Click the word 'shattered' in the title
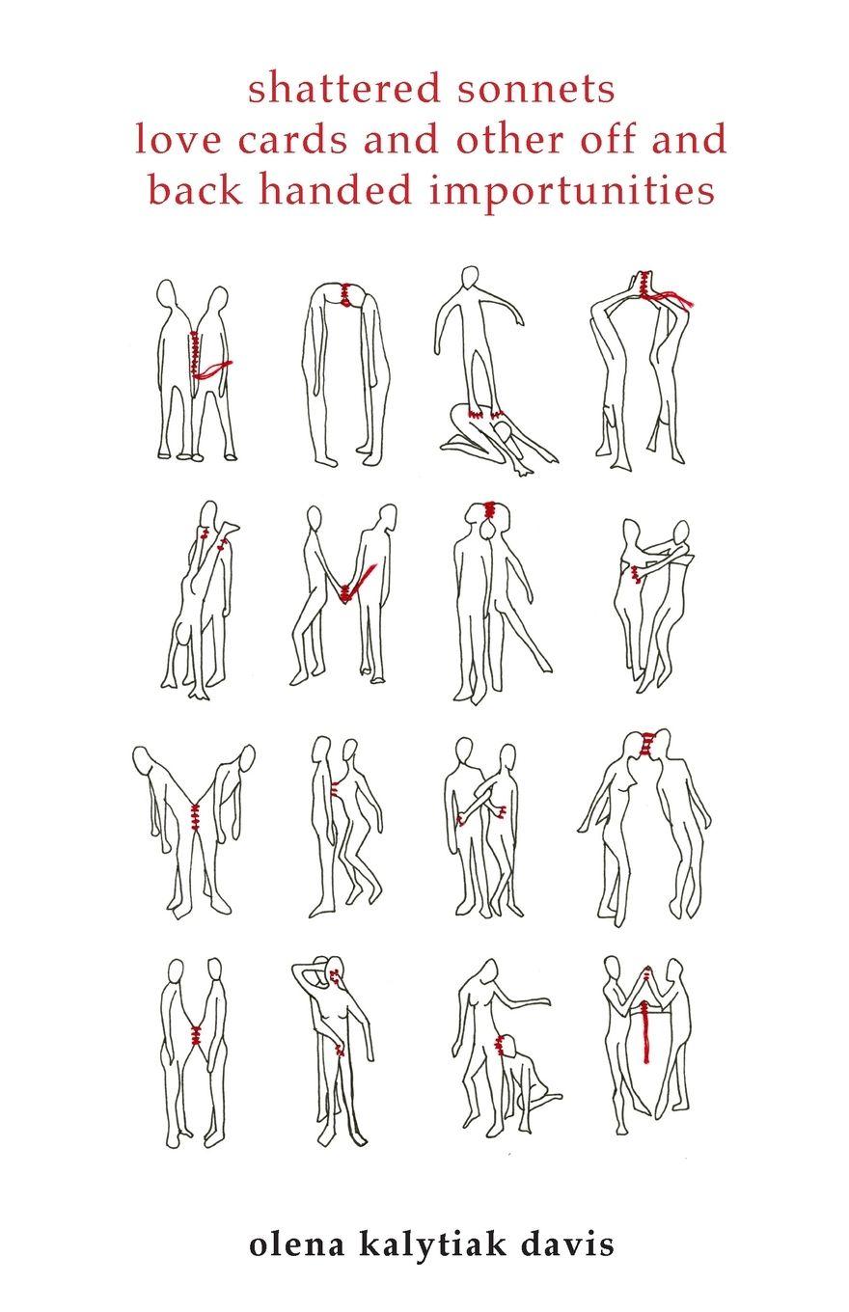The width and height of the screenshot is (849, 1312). [343, 89]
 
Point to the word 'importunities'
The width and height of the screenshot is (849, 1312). [572, 191]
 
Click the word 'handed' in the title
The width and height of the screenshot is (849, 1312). [335, 190]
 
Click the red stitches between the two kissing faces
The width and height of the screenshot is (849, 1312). [646, 743]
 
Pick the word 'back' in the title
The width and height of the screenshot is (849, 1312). [195, 190]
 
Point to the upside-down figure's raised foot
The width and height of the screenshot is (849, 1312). [231, 527]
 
